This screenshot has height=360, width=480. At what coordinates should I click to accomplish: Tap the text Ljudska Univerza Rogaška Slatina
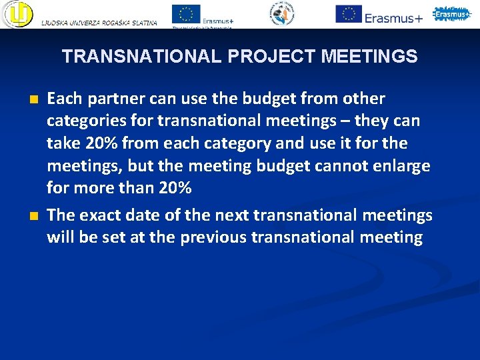click(99, 23)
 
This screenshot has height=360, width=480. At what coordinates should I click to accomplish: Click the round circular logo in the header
click(282, 14)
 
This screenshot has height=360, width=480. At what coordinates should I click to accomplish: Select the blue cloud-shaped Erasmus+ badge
click(452, 14)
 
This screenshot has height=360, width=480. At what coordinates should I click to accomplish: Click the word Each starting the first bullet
click(63, 99)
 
